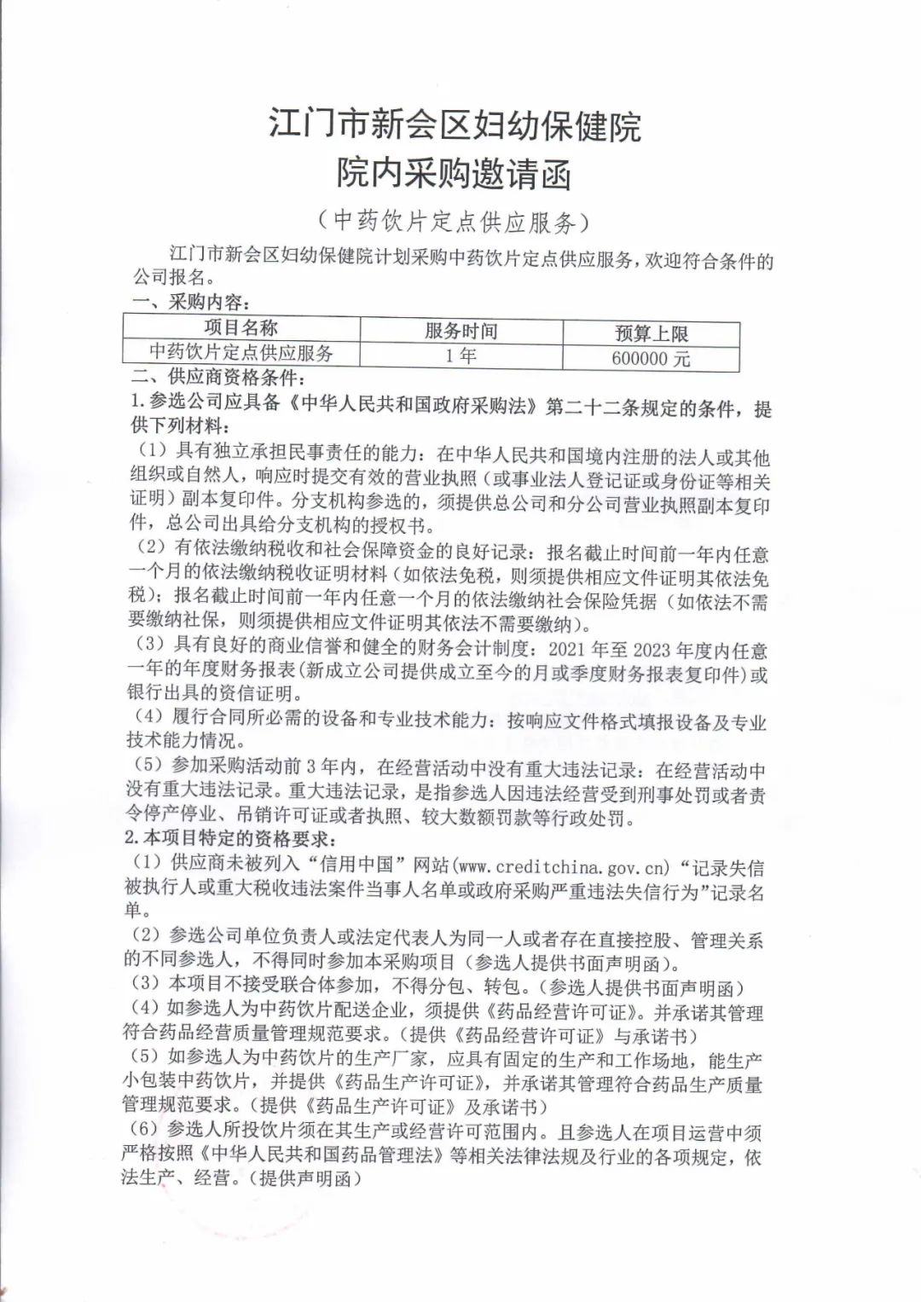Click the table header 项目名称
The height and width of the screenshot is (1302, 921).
click(241, 328)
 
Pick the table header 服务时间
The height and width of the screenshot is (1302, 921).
click(460, 331)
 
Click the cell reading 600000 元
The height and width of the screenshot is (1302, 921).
click(651, 359)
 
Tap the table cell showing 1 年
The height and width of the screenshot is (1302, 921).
click(460, 356)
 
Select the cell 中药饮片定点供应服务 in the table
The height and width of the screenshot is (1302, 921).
click(241, 352)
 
